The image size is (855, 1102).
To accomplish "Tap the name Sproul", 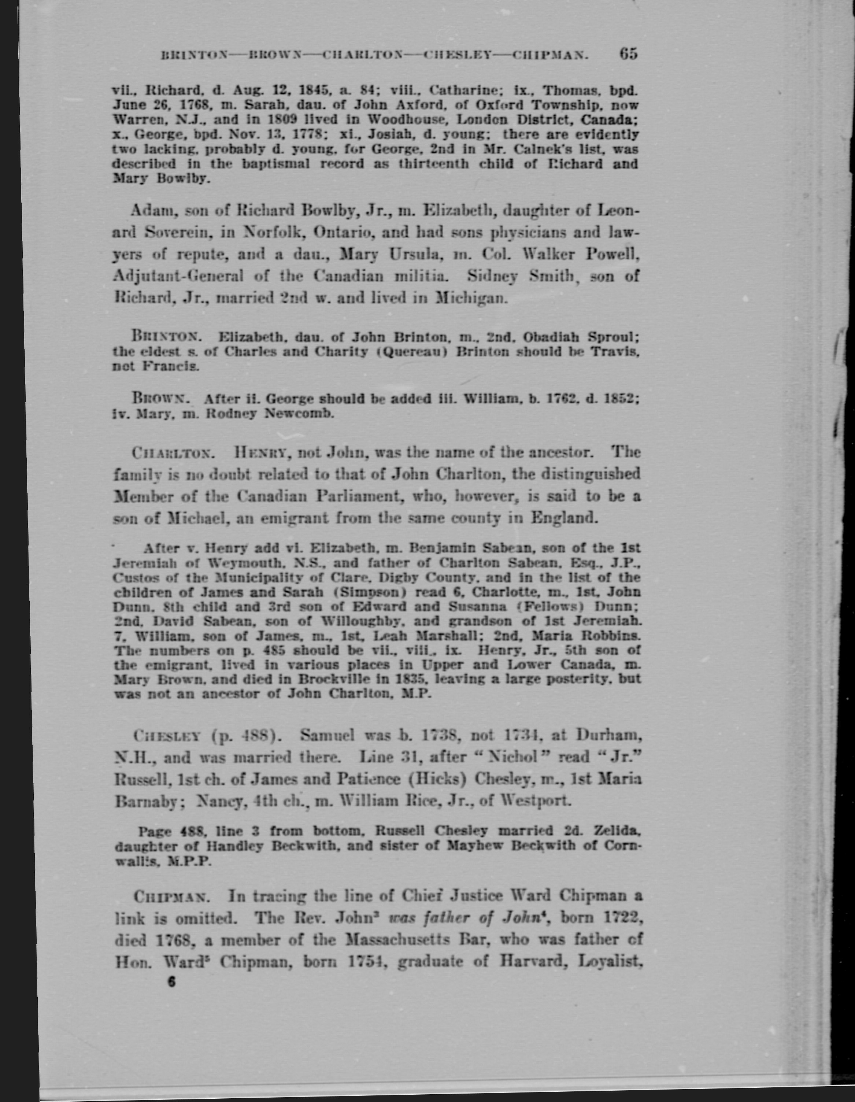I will click(614, 337).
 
